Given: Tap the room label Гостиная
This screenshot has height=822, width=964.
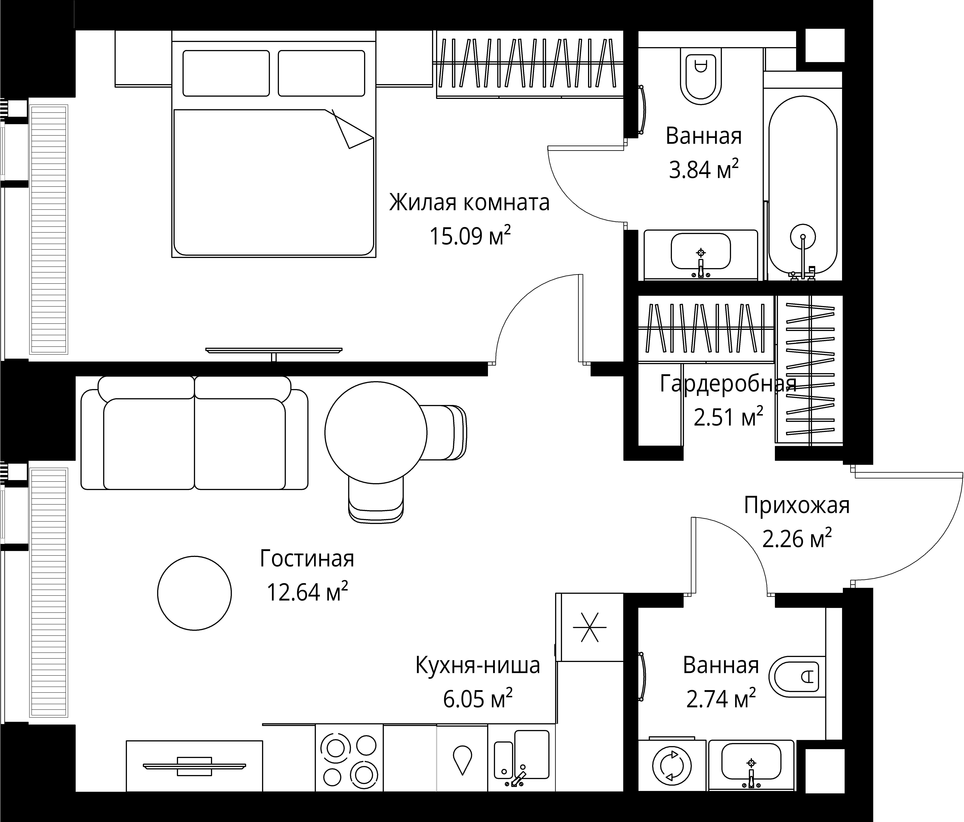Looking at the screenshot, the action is click(307, 558).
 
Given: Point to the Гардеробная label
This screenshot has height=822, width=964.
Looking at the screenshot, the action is click(728, 384).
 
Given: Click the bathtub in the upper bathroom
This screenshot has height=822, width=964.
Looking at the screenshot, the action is click(803, 186).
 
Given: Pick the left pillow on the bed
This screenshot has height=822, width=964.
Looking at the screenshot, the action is click(226, 73).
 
